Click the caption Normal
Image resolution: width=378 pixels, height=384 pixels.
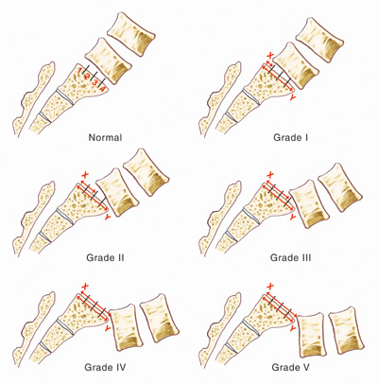(105, 138)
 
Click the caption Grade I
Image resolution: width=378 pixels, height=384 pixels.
(290, 138)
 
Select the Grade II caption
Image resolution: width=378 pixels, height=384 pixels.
(105, 257)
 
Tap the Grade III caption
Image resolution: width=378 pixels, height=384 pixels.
(290, 257)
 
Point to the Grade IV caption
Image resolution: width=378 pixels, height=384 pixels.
(105, 367)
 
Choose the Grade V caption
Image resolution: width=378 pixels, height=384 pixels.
(290, 367)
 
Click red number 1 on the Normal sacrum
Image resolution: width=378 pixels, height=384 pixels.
(80, 70)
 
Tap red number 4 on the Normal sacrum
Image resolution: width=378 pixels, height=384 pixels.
(102, 90)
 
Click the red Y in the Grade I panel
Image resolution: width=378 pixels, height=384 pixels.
(293, 97)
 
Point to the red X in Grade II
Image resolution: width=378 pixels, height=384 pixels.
(84, 174)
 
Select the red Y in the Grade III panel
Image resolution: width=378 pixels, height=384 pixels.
(293, 217)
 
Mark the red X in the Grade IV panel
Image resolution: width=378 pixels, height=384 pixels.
(84, 287)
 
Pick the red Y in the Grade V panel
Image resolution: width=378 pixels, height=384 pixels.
(293, 328)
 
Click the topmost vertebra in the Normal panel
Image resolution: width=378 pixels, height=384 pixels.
(131, 34)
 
